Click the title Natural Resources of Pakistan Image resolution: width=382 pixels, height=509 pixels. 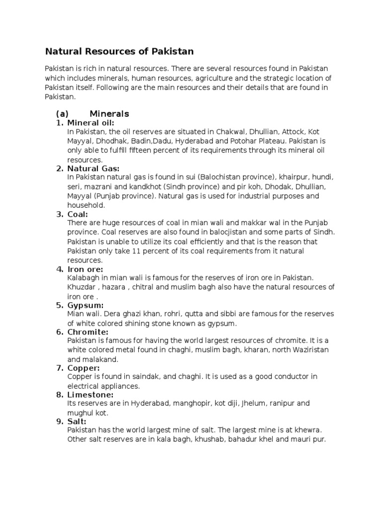[x=119, y=51]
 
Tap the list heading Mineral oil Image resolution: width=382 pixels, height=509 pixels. [x=91, y=123]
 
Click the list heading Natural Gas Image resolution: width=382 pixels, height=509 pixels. [x=94, y=169]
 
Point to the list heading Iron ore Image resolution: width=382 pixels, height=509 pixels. [x=85, y=269]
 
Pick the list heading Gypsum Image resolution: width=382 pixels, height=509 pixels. [x=86, y=305]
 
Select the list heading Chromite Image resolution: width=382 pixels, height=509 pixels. [x=88, y=332]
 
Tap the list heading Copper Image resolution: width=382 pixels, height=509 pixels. [x=84, y=368]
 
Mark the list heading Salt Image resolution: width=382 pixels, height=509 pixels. [x=77, y=422]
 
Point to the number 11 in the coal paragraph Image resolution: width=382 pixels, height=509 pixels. [x=136, y=251]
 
